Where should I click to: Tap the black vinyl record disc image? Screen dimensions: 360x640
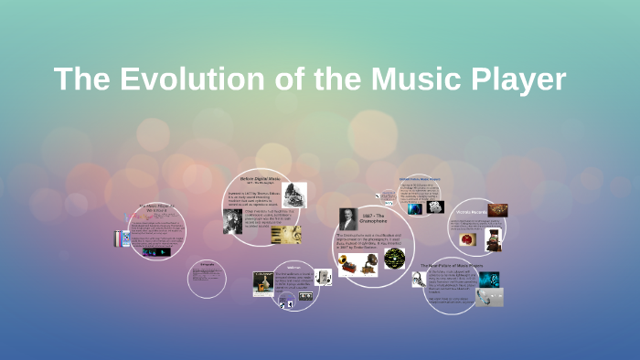(x=394, y=259)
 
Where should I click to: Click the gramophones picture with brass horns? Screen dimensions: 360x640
(x=359, y=265)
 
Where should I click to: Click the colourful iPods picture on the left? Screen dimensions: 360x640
(x=122, y=239)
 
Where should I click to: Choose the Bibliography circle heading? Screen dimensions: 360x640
(x=206, y=266)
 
